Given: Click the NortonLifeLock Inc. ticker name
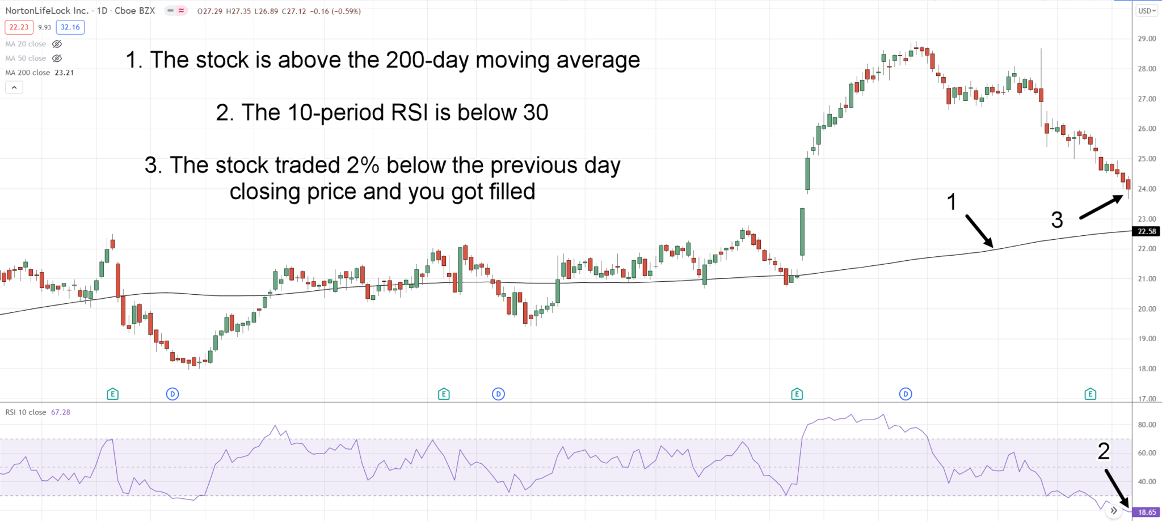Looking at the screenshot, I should [47, 11].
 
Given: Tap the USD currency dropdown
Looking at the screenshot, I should [1147, 11].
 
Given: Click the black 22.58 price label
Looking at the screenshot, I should [1146, 231].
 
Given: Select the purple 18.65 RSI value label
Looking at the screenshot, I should [1146, 512].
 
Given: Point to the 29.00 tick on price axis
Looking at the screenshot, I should [1147, 39].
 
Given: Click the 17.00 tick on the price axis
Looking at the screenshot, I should [1147, 399].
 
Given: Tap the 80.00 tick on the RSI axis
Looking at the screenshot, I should [1147, 425].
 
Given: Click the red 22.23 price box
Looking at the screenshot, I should [19, 27].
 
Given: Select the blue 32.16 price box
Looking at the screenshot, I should [70, 27].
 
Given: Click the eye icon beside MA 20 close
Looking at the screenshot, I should [57, 44].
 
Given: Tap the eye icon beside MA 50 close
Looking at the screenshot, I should [57, 58].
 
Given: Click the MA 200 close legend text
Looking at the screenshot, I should [28, 73].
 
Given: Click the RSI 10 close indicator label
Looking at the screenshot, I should [26, 412].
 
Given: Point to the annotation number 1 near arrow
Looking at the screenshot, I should [952, 202].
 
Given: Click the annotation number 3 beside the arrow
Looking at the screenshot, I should [1056, 220].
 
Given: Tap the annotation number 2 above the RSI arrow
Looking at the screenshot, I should [1103, 451].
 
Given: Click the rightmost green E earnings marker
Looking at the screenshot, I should [1090, 393].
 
